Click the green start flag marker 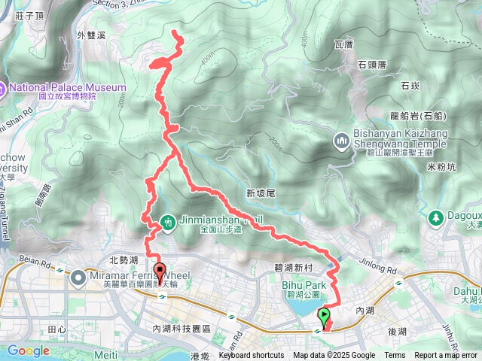pos(325,316)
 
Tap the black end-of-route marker pos(159,272)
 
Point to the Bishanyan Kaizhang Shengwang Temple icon pos(341,141)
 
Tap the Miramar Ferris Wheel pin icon pos(78,278)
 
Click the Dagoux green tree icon pos(435,218)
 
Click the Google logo pos(28,350)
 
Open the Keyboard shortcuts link pos(252,356)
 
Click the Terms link pos(395,356)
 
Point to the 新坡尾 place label pos(261,194)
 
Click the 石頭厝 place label pos(372,65)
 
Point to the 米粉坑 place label pos(441,166)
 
